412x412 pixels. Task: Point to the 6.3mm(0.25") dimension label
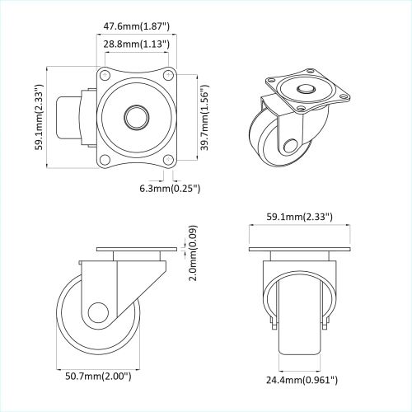pos(169,189)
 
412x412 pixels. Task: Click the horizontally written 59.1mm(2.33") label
pos(301,217)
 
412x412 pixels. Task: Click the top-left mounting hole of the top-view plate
pos(104,77)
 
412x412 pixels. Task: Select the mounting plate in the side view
pos(136,250)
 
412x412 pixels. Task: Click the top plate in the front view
pos(301,250)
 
